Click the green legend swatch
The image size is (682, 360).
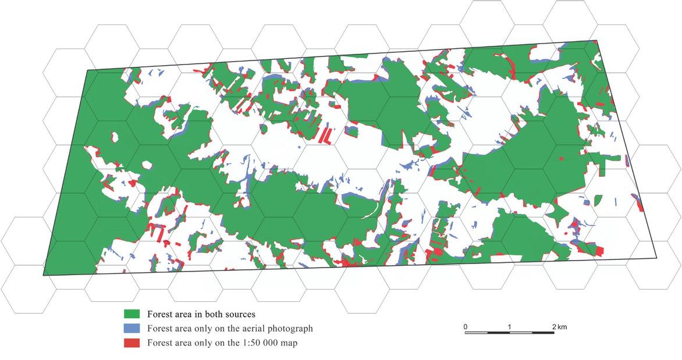click(129, 314)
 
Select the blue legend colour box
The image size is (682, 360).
click(129, 329)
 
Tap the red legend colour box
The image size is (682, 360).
click(129, 343)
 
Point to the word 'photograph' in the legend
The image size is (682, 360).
click(291, 329)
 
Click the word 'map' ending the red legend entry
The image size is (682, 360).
click(289, 343)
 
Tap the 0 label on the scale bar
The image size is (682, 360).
click(466, 327)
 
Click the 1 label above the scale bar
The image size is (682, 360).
click(510, 327)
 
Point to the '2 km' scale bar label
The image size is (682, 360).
click(559, 327)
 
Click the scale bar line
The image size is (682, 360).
click(510, 333)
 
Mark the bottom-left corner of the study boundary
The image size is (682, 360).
click(44, 276)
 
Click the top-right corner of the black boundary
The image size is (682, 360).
click(596, 41)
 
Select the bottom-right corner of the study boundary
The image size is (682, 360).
click(656, 258)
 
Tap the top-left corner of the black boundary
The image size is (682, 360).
click(87, 70)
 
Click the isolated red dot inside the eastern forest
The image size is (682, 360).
click(560, 158)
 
